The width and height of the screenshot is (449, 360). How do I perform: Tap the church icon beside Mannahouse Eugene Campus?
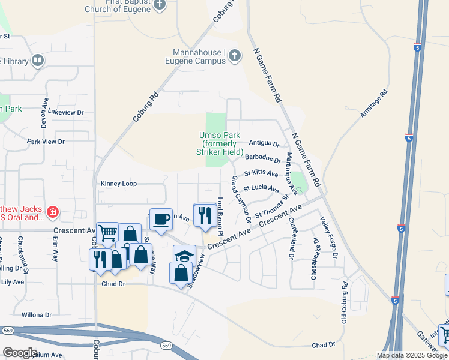[x=234, y=56]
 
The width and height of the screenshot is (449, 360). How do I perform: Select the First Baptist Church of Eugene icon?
[x=159, y=5]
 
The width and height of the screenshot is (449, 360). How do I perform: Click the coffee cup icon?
[x=160, y=220]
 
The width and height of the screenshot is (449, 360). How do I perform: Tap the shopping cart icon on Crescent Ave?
[x=107, y=232]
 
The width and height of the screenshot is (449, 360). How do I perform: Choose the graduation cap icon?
[x=184, y=255]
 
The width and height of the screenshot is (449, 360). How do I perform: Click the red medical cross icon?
[x=52, y=211]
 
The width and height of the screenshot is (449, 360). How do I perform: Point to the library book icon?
[x=38, y=61]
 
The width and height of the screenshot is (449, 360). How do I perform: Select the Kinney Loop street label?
[x=119, y=184]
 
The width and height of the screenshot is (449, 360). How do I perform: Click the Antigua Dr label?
[x=264, y=144]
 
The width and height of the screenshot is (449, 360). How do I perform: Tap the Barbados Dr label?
[x=263, y=159]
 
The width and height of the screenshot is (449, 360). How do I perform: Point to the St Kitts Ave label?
[x=261, y=173]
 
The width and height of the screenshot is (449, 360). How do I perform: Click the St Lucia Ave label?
[x=261, y=188]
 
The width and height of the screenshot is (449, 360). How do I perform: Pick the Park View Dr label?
[x=46, y=142]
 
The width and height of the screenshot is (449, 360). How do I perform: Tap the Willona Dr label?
[x=37, y=314]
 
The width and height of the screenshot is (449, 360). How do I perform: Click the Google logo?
[x=20, y=353]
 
